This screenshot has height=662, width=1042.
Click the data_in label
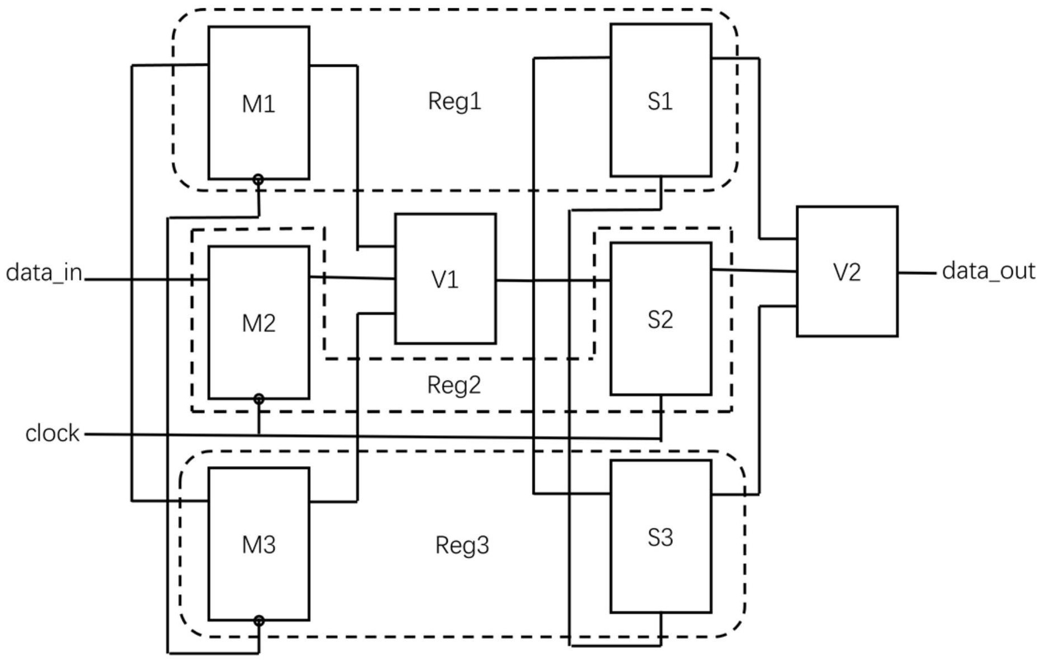coord(44,273)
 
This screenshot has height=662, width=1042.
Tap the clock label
coord(52,433)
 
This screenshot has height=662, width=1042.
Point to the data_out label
coord(988,271)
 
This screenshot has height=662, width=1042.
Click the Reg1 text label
coord(455,101)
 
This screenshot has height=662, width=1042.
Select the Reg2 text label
coord(454,385)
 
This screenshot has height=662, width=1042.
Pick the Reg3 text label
coord(462,545)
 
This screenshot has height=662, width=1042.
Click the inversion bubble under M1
coord(258,180)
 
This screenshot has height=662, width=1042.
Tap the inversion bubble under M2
coord(259,399)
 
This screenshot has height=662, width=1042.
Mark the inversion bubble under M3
coord(259,620)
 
